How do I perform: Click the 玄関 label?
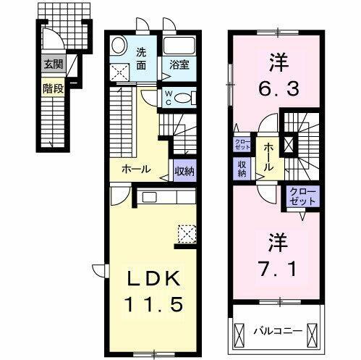[52, 64]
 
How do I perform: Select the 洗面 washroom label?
[143, 57]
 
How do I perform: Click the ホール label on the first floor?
[135, 169]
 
